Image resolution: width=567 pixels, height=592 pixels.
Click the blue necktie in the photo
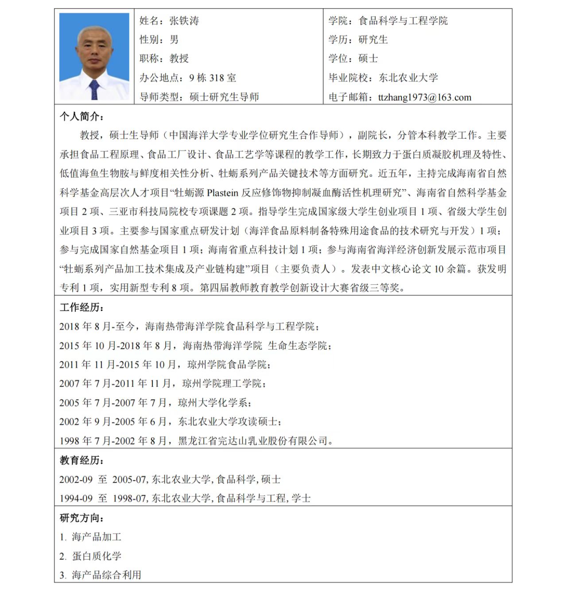tap(94, 90)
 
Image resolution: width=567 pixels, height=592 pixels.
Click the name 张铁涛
tap(184, 21)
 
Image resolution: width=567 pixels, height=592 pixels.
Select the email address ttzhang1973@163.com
tap(424, 97)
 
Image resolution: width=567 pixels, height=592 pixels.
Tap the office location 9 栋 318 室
tap(213, 78)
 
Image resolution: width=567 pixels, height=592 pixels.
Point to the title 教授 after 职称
tap(179, 58)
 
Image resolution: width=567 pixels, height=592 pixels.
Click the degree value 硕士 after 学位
tap(368, 58)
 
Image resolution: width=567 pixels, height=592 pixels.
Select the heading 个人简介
tap(82, 117)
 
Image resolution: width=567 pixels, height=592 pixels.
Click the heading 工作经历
tap(82, 308)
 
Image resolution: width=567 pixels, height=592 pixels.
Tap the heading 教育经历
tap(82, 460)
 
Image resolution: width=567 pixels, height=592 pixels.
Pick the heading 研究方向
tap(82, 518)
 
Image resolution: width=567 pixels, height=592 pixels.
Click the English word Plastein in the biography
tap(222, 193)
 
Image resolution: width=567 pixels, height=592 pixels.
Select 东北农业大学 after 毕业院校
tap(408, 78)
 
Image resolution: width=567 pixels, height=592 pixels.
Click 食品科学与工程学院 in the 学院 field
tap(403, 21)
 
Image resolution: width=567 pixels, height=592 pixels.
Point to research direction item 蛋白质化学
tap(97, 556)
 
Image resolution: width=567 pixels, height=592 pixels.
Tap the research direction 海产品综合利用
tap(106, 575)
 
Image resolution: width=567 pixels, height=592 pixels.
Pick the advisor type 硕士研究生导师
tap(224, 97)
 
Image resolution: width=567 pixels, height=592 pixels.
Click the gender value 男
tap(174, 39)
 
